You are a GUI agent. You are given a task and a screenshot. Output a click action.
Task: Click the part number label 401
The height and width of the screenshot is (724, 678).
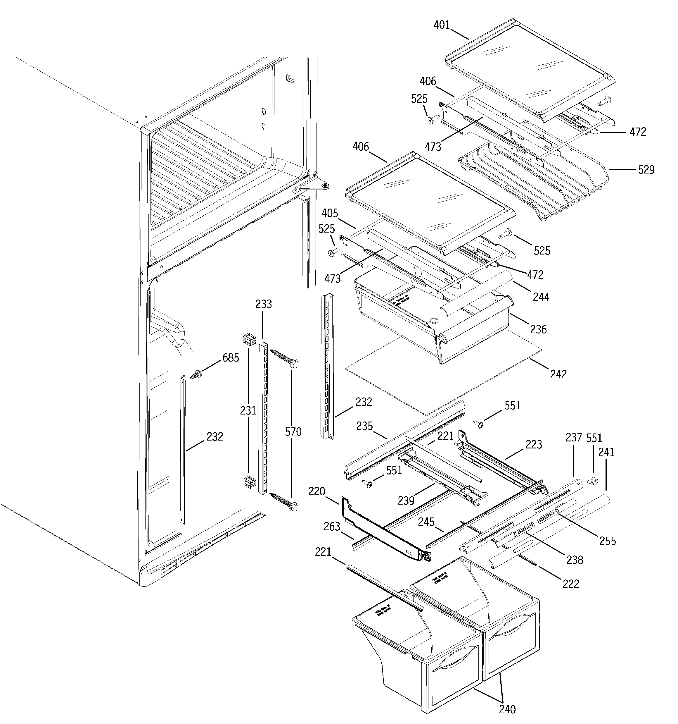click(442, 25)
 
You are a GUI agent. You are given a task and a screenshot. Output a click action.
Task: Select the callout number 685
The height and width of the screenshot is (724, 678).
click(231, 358)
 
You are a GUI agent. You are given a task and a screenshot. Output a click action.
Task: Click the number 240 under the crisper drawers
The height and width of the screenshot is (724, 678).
click(507, 709)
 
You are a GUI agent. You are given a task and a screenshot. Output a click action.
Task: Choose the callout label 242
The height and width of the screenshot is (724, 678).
click(558, 374)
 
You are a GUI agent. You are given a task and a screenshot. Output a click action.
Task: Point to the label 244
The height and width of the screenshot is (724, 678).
click(541, 297)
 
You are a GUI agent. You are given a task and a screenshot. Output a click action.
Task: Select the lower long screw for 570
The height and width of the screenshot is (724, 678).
click(284, 501)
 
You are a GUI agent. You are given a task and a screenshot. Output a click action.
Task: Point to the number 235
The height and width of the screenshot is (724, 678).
click(365, 426)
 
